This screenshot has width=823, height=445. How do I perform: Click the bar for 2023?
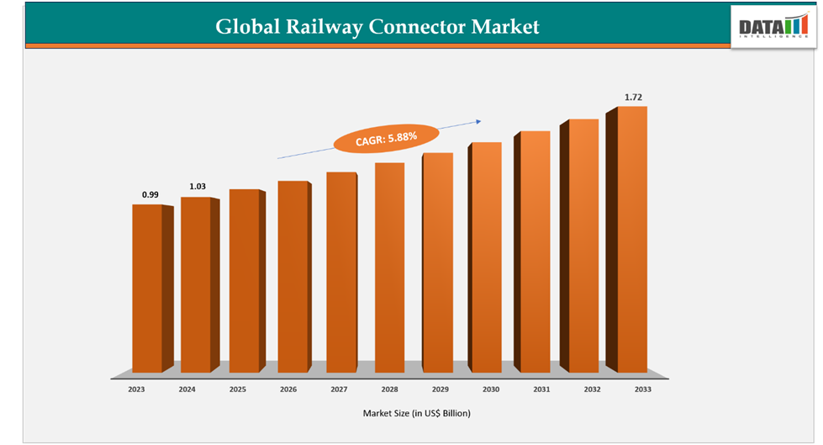tap(147, 288)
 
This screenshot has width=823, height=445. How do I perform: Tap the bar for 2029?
tap(437, 262)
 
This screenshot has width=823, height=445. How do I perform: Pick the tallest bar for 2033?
tap(631, 239)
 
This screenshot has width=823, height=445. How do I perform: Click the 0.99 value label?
tap(150, 194)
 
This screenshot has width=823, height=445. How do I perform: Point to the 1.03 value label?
tap(198, 186)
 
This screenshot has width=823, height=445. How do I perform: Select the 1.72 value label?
tap(633, 98)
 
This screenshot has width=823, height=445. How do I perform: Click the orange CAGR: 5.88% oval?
tap(386, 138)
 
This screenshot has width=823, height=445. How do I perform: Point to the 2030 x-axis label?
tap(491, 389)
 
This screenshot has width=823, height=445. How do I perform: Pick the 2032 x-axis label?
tap(592, 389)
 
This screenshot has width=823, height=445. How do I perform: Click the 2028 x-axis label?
tap(389, 389)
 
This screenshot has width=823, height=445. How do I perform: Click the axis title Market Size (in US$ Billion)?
tap(416, 413)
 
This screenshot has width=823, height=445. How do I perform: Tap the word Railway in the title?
tap(324, 27)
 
